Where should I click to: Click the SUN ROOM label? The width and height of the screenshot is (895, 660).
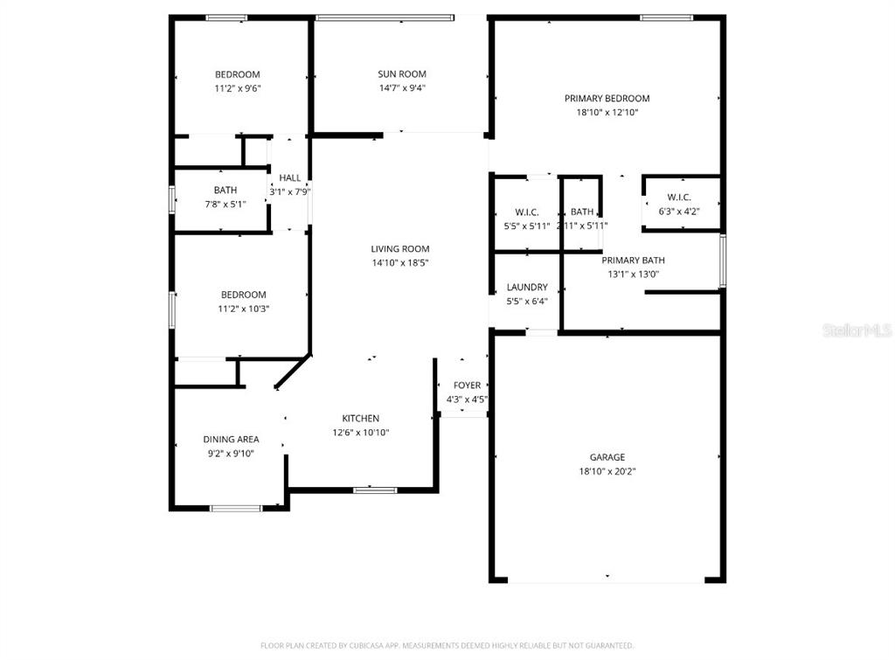click(402, 74)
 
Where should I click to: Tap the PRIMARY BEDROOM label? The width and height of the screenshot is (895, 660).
click(607, 99)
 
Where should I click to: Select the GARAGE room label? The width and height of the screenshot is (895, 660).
click(607, 457)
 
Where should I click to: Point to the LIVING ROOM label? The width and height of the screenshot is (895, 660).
click(399, 249)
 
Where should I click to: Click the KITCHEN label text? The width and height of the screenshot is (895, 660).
click(360, 419)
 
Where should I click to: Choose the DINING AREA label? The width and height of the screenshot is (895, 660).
click(231, 440)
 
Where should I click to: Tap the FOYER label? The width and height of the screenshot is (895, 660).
click(467, 386)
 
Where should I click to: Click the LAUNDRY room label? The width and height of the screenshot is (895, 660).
click(527, 288)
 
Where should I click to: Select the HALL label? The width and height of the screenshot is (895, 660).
click(290, 178)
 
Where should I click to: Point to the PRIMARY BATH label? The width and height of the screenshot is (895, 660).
click(633, 261)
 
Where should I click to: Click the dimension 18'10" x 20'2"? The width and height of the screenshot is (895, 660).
click(607, 471)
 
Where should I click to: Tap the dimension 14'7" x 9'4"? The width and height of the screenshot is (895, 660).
click(402, 87)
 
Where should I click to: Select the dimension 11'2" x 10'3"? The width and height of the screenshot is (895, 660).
click(242, 309)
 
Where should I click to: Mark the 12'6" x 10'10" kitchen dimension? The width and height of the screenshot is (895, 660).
click(360, 433)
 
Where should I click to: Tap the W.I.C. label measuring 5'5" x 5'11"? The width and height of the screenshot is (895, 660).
click(526, 212)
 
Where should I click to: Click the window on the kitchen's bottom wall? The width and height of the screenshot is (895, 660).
click(375, 490)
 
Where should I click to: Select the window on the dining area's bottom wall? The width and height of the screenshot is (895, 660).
click(236, 508)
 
